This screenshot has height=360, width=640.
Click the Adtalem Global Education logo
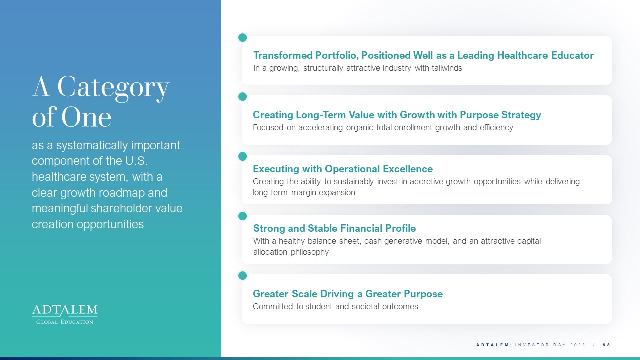point(65,314)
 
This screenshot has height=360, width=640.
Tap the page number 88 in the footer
point(606,345)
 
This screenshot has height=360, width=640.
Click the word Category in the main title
point(113,87)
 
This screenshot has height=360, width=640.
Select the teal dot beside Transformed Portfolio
point(242,37)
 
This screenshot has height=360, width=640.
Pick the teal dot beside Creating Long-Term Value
point(242,97)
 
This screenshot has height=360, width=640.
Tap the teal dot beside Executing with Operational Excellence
point(242,156)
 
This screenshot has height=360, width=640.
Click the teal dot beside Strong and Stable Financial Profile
point(242,216)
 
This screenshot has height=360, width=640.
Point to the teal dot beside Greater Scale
point(242,275)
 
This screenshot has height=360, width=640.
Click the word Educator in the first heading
point(572,55)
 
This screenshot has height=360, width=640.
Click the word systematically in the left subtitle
point(92,145)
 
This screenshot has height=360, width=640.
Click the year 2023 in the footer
point(577,345)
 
